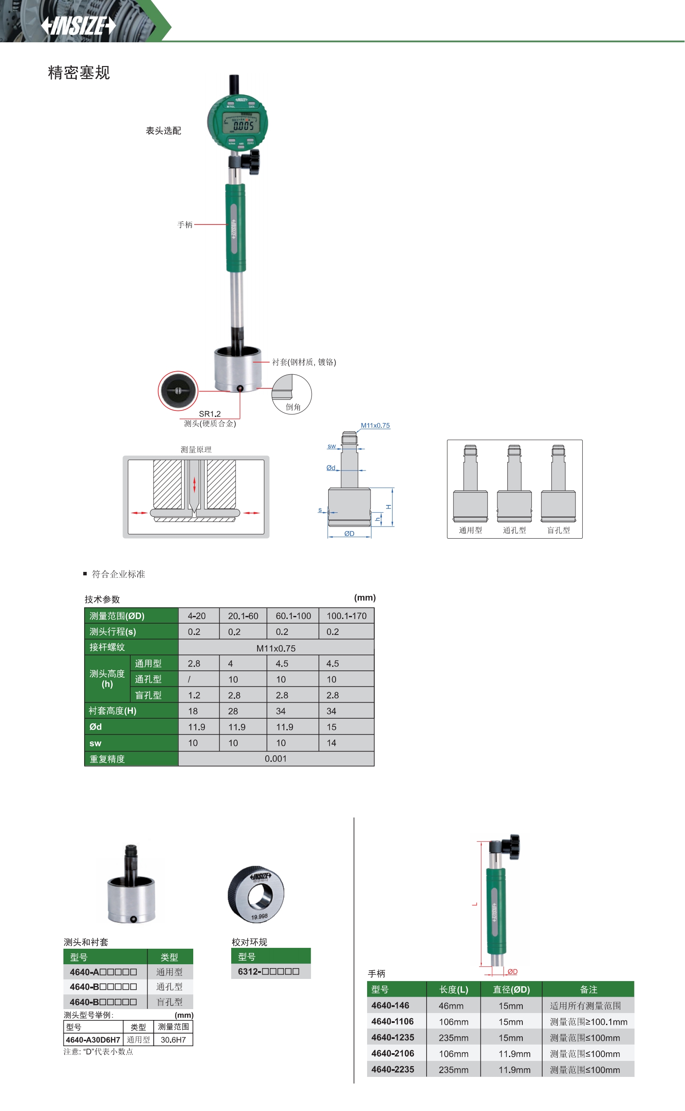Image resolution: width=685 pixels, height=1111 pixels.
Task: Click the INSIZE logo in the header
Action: (79, 26)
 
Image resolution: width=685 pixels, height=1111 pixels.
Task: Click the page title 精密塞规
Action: (79, 73)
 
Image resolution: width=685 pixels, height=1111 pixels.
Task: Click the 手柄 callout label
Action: (185, 225)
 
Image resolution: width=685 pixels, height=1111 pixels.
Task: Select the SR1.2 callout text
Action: (210, 414)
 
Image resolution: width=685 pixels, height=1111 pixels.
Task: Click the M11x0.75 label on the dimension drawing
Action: (375, 425)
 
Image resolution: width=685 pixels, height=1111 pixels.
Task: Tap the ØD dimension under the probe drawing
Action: (349, 533)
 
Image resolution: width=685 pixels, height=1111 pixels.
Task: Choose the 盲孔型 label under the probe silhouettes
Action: (559, 530)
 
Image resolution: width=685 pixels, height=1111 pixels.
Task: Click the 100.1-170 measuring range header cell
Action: (346, 616)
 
